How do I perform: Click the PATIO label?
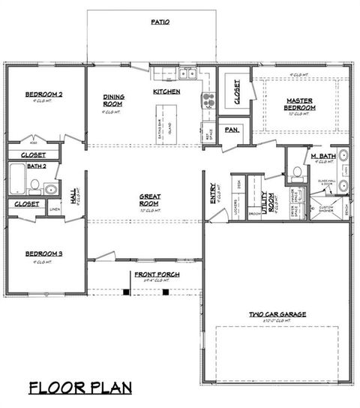point(160,22)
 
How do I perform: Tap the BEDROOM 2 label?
point(43,94)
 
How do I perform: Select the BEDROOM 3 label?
point(43,254)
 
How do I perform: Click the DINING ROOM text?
point(114,100)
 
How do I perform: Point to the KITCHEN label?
point(166,91)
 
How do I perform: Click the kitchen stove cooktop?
point(208,99)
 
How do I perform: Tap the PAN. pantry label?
point(232,130)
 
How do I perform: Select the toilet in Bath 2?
point(34,185)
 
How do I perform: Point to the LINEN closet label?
point(55,209)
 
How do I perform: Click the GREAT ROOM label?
point(150,200)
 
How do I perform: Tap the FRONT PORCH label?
point(156,274)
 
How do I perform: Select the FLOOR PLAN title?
point(80,388)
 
